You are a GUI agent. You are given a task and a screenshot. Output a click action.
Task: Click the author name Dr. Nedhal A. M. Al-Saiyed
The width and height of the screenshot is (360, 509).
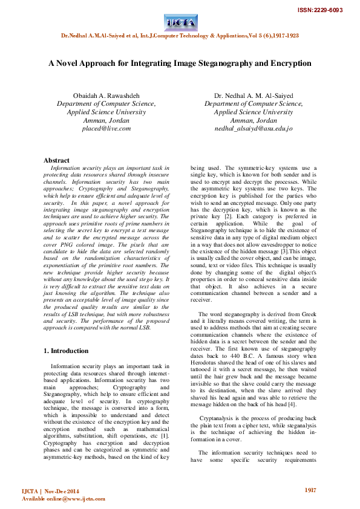click(254, 96)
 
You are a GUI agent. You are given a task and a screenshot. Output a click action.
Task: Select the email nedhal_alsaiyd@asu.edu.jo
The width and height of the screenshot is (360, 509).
click(254, 129)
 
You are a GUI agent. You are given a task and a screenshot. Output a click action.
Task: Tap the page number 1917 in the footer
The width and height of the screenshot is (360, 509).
click(310, 490)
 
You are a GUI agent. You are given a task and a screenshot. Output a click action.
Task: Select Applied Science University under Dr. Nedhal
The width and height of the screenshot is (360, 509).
click(254, 112)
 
